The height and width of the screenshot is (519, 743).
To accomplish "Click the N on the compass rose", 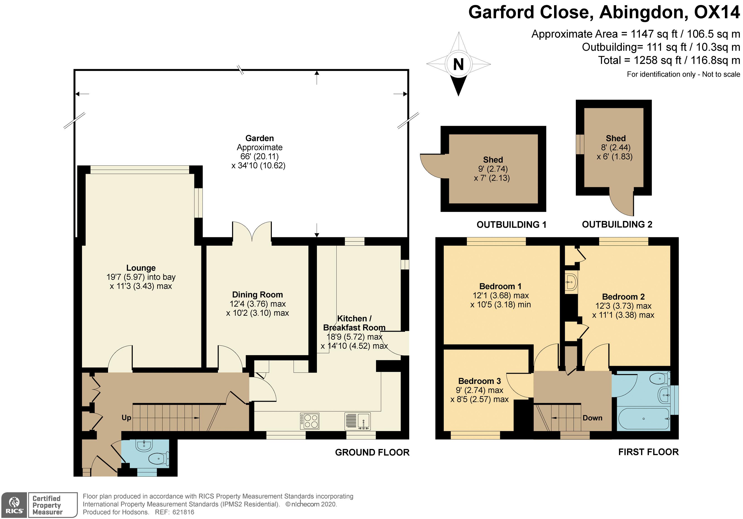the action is pos(458,64).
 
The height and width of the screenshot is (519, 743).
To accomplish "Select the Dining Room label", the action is pos(258,295).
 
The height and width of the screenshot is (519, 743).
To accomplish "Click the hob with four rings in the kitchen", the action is pos(309,421).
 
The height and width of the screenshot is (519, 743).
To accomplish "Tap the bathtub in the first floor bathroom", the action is pos(644,419).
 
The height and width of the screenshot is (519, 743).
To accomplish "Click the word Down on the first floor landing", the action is pos(593,418).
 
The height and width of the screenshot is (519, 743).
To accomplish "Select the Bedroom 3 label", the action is pos(480,381).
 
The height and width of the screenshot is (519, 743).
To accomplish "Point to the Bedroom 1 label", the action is pos(500,286).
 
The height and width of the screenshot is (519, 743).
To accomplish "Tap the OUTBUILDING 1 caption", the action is pos(511,224).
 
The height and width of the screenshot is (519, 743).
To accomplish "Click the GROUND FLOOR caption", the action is pos(372,452).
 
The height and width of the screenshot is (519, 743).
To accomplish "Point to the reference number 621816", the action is pos(183,512).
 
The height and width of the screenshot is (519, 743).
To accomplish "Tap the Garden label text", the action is pos(260,138).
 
